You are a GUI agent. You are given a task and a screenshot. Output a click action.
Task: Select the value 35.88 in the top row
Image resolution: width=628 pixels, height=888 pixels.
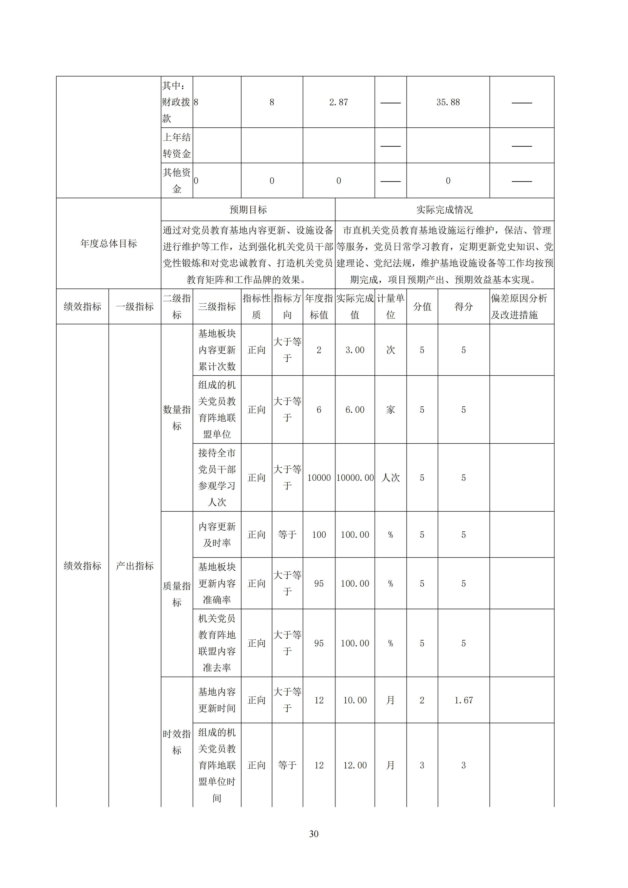click(x=448, y=102)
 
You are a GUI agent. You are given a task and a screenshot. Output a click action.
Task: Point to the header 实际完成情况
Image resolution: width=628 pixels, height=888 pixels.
click(x=444, y=210)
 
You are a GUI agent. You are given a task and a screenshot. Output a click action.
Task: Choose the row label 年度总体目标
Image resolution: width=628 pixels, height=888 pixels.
click(x=109, y=243)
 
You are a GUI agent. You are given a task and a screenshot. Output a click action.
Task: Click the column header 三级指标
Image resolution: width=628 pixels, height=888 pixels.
click(x=217, y=306)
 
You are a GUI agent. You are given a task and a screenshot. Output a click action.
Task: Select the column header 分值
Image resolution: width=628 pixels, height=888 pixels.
click(x=422, y=306)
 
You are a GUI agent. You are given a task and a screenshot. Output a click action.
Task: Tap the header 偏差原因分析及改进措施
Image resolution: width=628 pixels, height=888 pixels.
click(x=519, y=306)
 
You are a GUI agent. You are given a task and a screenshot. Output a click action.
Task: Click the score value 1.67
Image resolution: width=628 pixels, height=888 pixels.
click(x=463, y=700)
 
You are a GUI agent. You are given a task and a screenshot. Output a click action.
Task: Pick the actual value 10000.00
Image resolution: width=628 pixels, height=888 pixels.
click(x=355, y=478)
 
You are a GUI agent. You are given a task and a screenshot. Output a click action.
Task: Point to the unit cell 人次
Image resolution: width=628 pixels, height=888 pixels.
click(x=391, y=478)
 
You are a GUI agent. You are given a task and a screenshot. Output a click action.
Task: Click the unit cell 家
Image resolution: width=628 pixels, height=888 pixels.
click(x=391, y=410)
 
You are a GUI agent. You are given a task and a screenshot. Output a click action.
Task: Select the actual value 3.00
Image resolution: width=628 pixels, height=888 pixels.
click(x=355, y=350)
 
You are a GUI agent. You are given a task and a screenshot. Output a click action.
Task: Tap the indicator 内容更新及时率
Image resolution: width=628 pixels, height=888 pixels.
click(x=217, y=535)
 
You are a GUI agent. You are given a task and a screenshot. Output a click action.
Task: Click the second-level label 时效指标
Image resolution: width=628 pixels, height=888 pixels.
click(x=177, y=742)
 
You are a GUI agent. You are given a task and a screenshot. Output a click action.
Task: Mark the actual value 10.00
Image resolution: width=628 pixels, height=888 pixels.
click(x=355, y=700)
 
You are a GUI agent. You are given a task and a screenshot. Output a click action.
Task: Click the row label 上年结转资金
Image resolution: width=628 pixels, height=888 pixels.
click(x=177, y=145)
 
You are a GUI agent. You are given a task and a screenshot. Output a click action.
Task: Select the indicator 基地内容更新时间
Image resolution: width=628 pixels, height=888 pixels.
click(x=217, y=700)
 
